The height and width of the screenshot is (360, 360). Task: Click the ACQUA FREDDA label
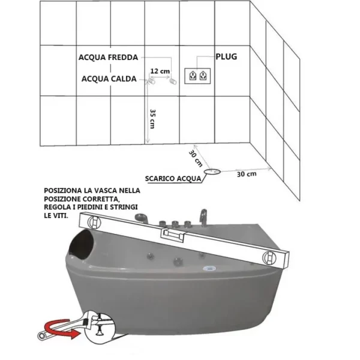point(108,58)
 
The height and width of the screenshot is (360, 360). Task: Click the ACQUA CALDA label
point(109,79)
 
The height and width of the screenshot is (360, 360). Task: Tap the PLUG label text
point(226,57)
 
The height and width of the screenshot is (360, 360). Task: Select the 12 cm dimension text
point(160,71)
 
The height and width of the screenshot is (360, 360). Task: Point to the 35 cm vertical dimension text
point(152,119)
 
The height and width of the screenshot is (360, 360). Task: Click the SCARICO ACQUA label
point(173,178)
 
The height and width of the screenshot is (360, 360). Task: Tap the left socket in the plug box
point(193,76)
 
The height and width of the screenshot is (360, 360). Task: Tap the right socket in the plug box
point(203,76)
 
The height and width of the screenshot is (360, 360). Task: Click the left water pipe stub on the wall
point(151,81)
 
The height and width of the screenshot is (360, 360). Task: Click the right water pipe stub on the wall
point(173,81)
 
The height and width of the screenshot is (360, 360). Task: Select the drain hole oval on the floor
point(212,172)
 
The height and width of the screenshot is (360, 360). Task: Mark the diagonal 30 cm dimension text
point(196,158)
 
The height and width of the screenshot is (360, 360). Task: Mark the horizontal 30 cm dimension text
point(247,174)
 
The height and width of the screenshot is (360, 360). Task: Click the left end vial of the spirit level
point(93,222)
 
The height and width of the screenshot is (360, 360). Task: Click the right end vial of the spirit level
point(269,257)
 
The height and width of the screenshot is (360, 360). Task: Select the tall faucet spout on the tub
point(203,218)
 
